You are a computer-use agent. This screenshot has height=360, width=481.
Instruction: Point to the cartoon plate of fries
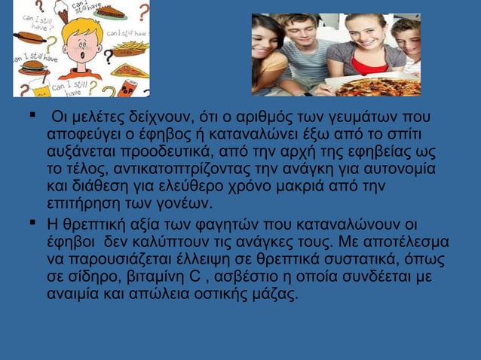coord(130,50)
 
